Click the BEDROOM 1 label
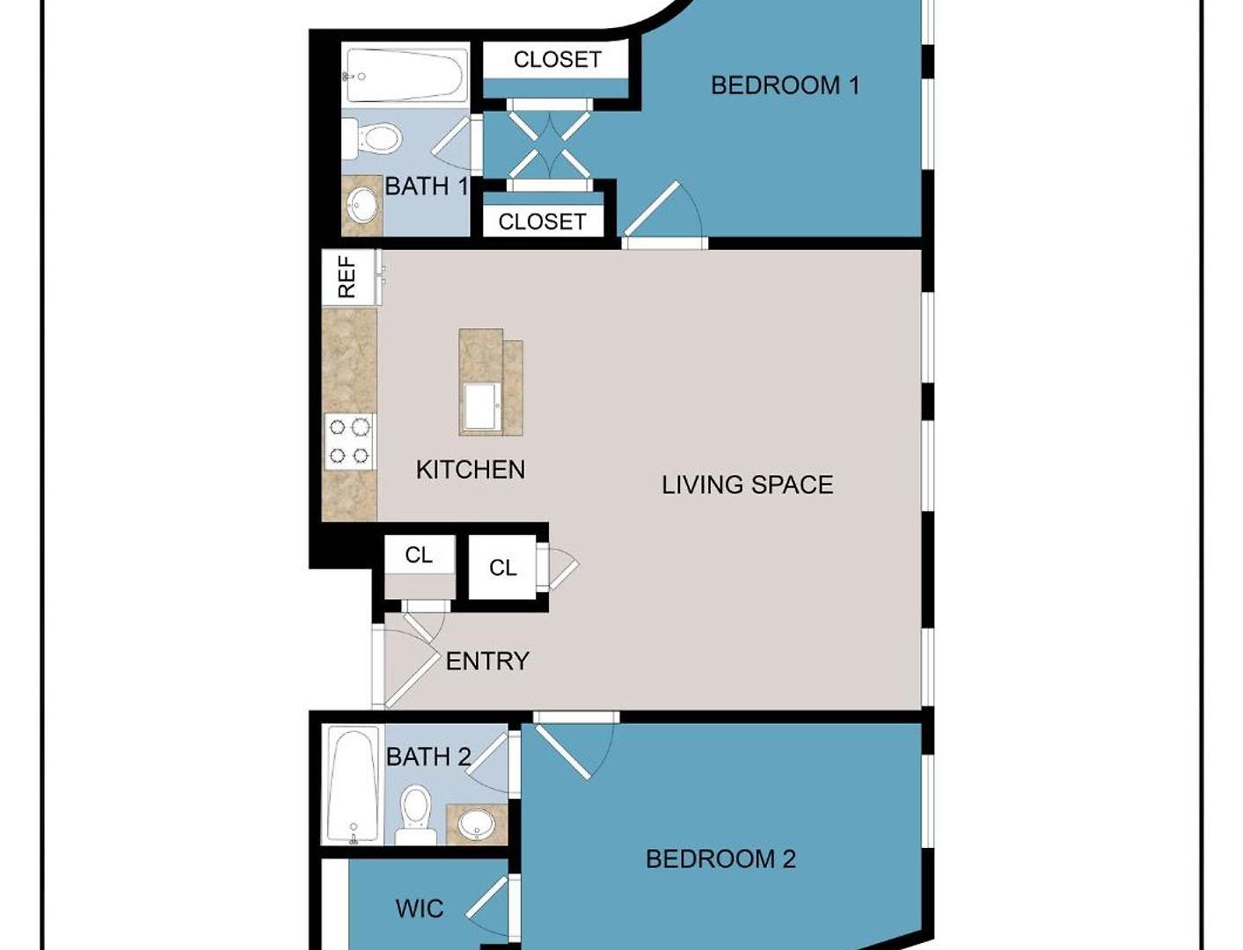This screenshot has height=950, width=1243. (x=785, y=85)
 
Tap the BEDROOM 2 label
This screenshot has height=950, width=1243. (x=720, y=859)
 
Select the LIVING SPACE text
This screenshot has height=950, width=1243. (x=747, y=485)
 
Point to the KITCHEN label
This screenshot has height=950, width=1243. (x=470, y=470)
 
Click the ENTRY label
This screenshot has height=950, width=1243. (x=487, y=661)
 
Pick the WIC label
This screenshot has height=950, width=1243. (x=419, y=909)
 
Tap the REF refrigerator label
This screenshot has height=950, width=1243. (x=347, y=277)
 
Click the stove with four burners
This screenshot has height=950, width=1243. (x=349, y=442)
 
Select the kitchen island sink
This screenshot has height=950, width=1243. (x=482, y=406)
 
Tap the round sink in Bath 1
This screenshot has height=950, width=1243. (x=362, y=205)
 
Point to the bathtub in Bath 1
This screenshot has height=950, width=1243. (x=406, y=76)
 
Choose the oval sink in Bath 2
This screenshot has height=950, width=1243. (x=476, y=826)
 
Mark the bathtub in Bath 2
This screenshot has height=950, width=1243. (x=352, y=785)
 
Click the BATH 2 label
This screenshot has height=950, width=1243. (x=428, y=756)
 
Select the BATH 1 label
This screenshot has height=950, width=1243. (x=427, y=186)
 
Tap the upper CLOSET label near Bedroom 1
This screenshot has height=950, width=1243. (x=557, y=59)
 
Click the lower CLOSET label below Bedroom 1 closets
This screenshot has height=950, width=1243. (x=542, y=222)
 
